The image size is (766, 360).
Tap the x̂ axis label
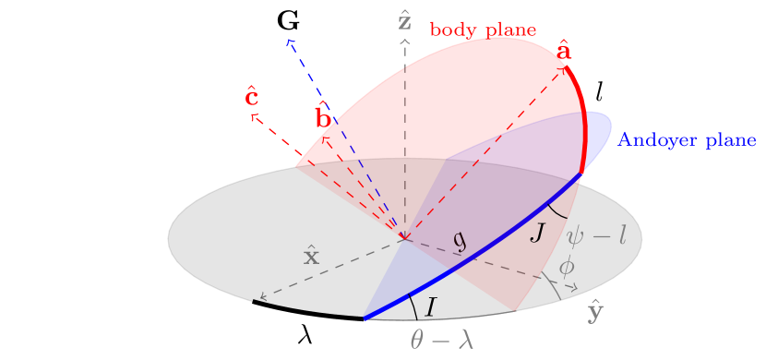tap(312, 256)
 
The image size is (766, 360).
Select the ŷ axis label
tap(596, 313)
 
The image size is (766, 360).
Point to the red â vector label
tap(565, 52)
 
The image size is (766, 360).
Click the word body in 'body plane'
tap(450, 30)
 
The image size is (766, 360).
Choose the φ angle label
tap(567, 267)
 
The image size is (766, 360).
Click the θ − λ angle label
tap(442, 341)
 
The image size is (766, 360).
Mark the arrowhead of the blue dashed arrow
tap(289, 40)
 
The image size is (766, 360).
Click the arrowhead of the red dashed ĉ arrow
tap(252, 115)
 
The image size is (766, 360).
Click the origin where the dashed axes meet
tap(404, 239)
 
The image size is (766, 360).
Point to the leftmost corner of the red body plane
tap(297, 166)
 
